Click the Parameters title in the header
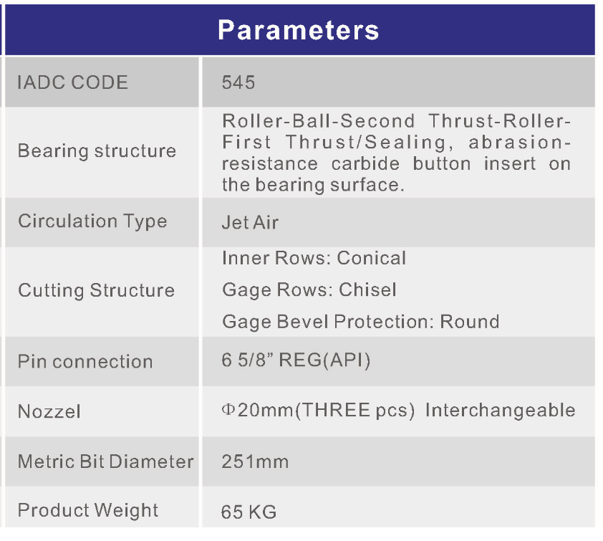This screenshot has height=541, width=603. tap(299, 29)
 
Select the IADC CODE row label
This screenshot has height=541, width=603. tap(72, 82)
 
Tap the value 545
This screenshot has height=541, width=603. tap(238, 82)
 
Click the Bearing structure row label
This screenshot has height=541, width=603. tap(97, 150)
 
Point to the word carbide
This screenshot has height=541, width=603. tap(365, 163)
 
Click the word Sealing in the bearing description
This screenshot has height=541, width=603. tap(405, 142)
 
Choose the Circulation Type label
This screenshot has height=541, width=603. tap(92, 221)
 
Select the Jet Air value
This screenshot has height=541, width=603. tap(251, 222)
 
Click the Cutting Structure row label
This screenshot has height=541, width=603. tap(97, 290)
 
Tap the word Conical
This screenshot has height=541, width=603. tap(372, 258)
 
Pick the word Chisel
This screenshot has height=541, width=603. tap(367, 289)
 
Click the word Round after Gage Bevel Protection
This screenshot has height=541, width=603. tap(470, 322)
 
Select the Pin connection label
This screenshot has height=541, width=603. tap(85, 362)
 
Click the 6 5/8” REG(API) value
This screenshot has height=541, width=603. tap(296, 360)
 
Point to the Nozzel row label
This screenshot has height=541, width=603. tap(49, 411)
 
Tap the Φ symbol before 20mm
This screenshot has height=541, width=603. tap(228, 409)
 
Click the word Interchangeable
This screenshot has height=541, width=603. tap(501, 411)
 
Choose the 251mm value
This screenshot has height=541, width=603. tap(255, 461)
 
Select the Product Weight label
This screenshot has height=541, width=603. tap(88, 511)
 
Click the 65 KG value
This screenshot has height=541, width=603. tap(249, 512)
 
